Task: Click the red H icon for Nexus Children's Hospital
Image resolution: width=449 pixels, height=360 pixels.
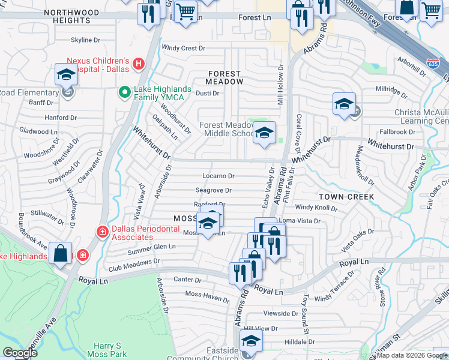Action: click(139, 63)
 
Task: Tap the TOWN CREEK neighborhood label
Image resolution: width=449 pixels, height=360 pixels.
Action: click(346, 197)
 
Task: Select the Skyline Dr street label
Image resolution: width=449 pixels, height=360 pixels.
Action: click(86, 40)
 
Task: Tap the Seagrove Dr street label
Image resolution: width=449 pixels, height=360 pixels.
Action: click(213, 190)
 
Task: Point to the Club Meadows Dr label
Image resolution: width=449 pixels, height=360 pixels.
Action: click(134, 261)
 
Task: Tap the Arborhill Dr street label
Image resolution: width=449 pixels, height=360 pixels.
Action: click(412, 68)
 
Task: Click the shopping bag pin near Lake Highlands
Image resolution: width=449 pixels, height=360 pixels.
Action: click(61, 253)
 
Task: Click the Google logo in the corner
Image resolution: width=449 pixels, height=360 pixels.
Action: click(20, 353)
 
